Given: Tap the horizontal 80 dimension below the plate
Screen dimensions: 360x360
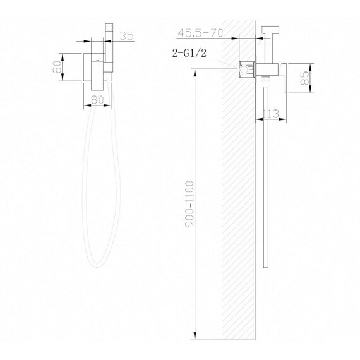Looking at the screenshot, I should point(97,99).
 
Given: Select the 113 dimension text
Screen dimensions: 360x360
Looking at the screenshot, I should point(271,114).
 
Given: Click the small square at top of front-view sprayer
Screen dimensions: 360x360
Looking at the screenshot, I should point(110,27).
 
